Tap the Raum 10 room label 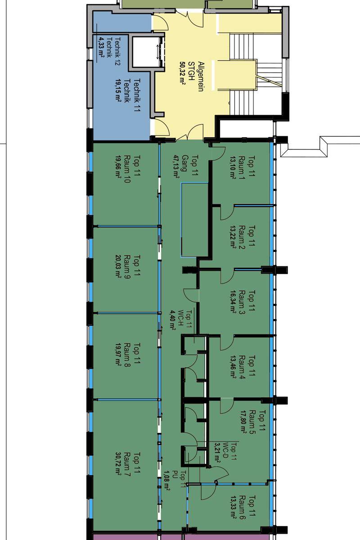click(x=127, y=169)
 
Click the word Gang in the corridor click(x=184, y=163)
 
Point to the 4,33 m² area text click(x=101, y=47)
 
